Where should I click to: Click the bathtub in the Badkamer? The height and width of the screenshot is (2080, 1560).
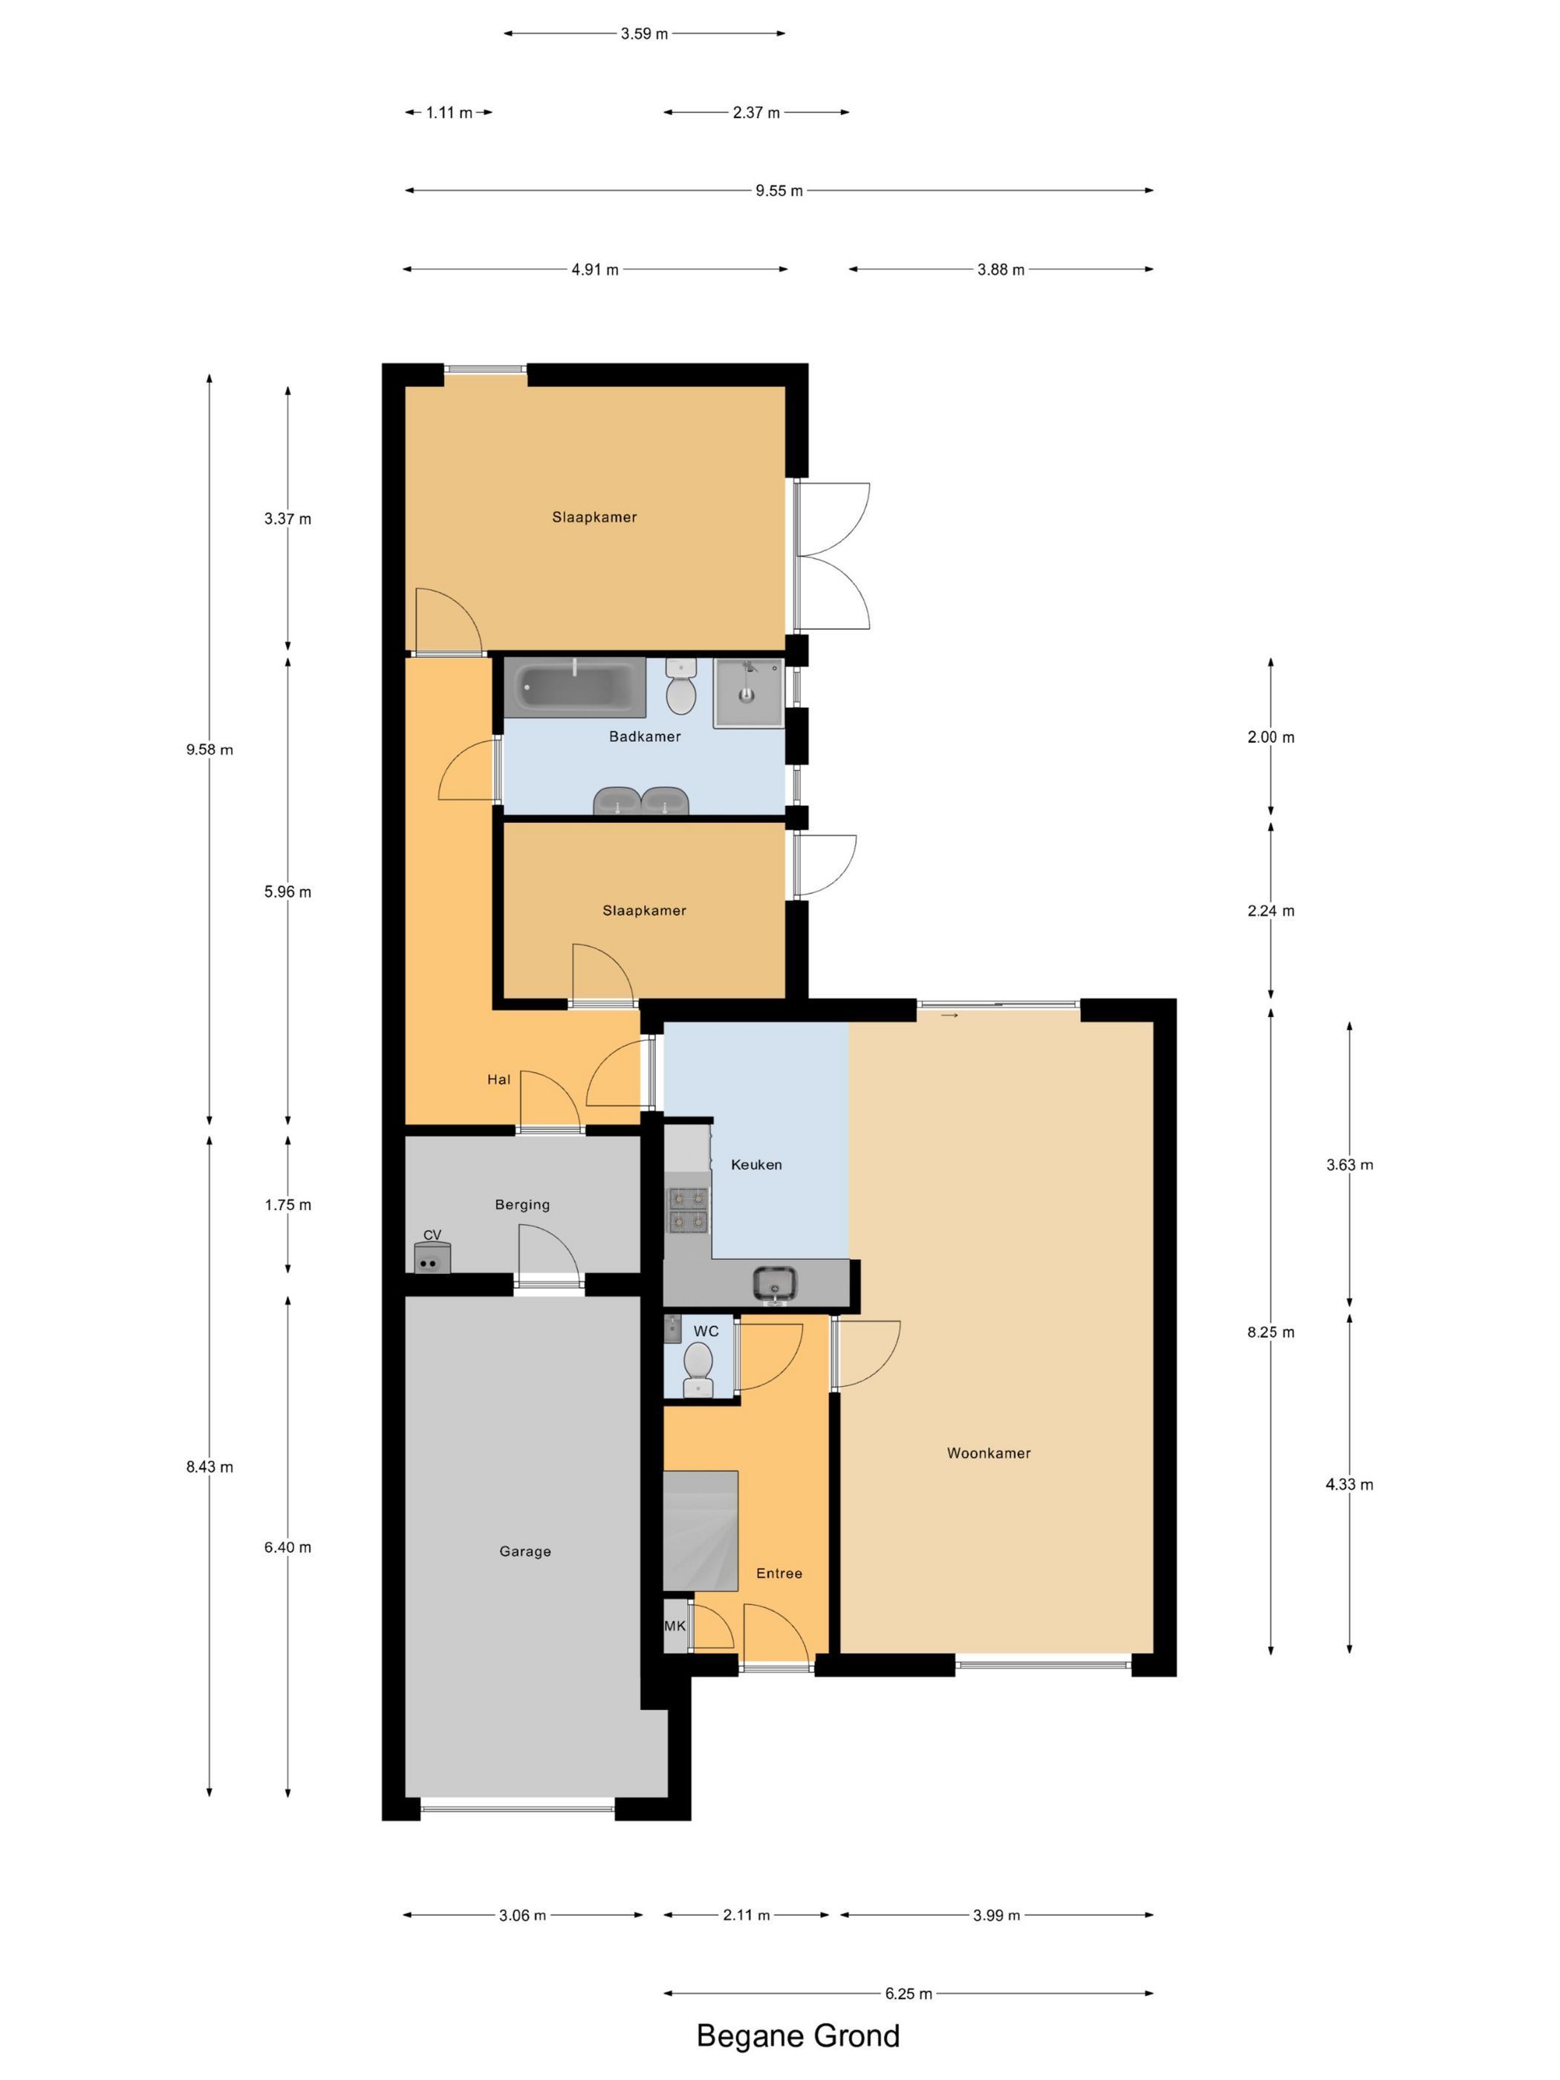574,686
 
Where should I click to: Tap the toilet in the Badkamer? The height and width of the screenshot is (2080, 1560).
680,686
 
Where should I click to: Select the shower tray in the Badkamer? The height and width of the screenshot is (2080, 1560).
747,693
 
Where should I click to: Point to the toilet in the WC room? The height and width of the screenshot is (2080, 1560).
698,1370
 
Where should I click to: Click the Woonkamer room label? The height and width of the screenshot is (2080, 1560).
988,1453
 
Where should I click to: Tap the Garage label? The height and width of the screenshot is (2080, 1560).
524,1552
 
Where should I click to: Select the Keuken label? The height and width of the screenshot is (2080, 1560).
756,1164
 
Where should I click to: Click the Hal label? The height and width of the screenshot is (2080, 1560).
498,1079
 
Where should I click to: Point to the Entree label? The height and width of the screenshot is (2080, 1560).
779,1573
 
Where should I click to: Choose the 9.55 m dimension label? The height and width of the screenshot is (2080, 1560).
779,191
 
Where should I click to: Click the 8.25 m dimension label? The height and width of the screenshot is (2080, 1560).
1270,1331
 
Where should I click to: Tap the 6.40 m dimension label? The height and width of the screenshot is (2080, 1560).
287,1547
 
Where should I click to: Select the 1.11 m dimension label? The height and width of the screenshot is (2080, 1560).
449,113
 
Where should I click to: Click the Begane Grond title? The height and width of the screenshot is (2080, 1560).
797,2036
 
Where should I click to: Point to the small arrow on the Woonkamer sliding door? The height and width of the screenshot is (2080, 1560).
949,1015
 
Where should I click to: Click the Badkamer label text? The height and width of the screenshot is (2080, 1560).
644,736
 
